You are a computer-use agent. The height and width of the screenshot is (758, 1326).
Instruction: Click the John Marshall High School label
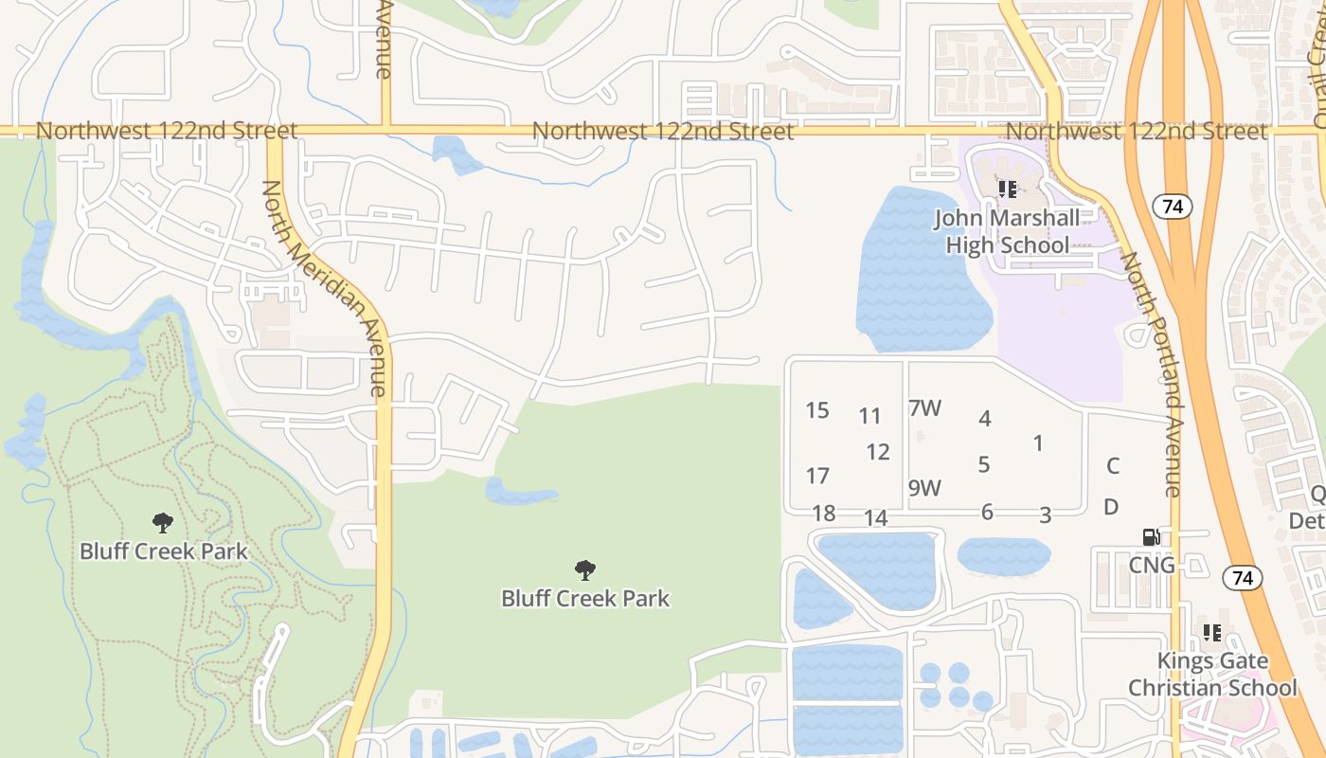click(1007, 231)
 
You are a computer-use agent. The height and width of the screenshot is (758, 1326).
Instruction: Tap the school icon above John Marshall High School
click(1008, 189)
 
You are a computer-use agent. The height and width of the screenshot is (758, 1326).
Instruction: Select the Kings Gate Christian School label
click(1212, 674)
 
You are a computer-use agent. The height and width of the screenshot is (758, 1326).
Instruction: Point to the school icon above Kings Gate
click(1211, 632)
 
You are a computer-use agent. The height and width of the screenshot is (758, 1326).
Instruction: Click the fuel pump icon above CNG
click(1152, 537)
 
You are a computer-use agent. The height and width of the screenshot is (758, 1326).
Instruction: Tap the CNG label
click(1152, 566)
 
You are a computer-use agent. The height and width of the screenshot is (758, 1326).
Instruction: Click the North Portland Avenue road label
click(1152, 373)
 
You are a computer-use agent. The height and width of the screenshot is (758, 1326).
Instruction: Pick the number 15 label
click(817, 410)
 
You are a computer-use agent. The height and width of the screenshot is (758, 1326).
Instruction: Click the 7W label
click(924, 408)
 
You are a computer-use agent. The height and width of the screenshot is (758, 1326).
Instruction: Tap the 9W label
click(924, 488)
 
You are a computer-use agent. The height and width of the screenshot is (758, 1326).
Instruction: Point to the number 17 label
click(817, 476)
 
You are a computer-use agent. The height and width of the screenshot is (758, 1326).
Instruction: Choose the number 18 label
click(824, 514)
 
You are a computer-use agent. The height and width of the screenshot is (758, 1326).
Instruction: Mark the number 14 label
click(876, 518)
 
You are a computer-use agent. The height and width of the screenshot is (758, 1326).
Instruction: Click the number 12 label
click(878, 452)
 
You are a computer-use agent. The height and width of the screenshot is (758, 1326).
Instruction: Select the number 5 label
click(984, 464)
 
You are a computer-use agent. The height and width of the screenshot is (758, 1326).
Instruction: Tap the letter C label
click(1113, 465)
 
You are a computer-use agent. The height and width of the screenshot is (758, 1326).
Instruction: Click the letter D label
click(1111, 507)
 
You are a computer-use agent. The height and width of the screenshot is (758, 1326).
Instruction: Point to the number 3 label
click(1045, 515)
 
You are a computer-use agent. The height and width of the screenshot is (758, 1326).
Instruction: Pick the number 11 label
click(869, 415)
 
